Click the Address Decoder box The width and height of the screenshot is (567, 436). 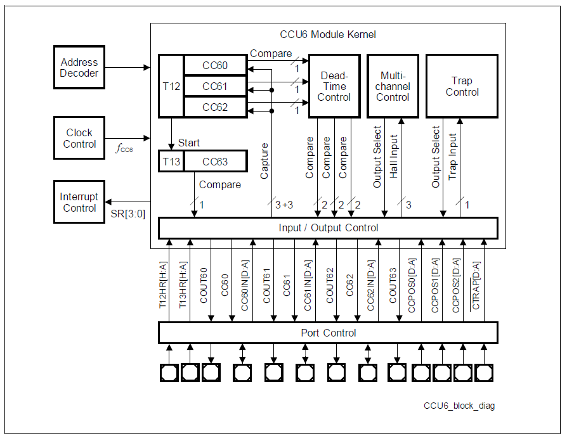(79, 68)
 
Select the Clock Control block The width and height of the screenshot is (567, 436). (79, 138)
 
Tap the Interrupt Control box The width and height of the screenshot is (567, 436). (79, 202)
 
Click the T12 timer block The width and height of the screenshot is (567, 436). (171, 86)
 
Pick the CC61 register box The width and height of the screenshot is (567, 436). (214, 86)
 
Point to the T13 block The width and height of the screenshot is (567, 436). (171, 162)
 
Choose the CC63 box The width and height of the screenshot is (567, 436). (214, 162)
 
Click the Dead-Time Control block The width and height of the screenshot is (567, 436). (334, 86)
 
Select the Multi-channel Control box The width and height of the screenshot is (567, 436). (393, 86)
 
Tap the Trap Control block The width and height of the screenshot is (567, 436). (462, 86)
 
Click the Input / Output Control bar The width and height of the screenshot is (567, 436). (328, 228)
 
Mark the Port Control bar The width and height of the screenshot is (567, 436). (328, 333)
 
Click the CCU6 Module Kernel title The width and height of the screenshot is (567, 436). (328, 34)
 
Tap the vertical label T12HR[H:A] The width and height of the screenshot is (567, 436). (162, 285)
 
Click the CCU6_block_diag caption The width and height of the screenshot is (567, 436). (459, 406)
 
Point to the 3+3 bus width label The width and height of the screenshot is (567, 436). (283, 205)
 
